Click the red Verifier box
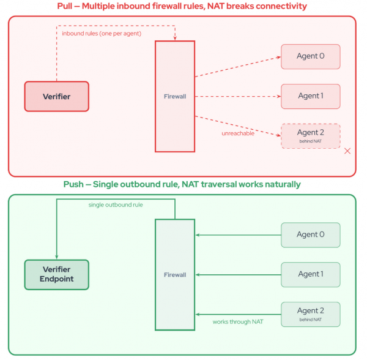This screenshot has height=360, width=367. [57, 97]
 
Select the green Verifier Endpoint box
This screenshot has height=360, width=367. [57, 275]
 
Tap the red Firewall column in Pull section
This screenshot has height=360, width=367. [175, 96]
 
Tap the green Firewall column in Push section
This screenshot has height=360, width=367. [175, 275]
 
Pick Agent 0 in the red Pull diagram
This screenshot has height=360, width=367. [310, 56]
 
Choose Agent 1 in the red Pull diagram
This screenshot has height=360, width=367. [310, 96]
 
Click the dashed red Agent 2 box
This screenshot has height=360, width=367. [310, 135]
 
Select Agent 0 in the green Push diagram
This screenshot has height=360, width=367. [310, 234]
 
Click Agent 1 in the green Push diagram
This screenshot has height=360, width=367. [310, 274]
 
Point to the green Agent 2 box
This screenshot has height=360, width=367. [310, 313]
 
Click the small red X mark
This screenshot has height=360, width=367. [347, 151]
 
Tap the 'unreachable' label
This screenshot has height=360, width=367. [237, 133]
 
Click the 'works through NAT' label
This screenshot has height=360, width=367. [238, 321]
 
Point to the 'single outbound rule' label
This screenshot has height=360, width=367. [116, 204]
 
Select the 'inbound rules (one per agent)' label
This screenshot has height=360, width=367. [102, 33]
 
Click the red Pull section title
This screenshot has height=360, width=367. [183, 6]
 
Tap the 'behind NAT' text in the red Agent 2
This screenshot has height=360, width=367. [310, 141]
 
